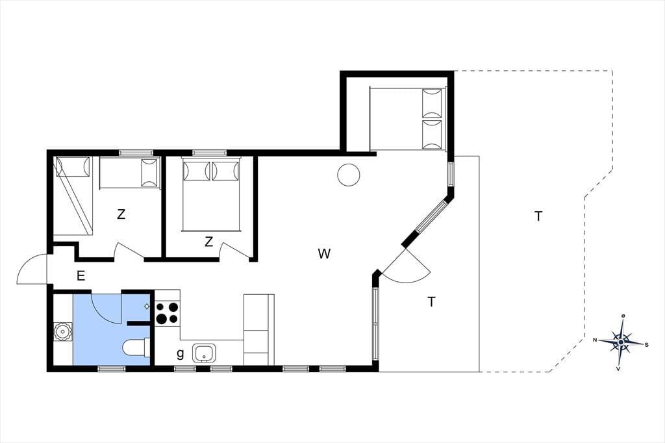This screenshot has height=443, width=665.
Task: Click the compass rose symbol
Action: pyautogui.click(x=621, y=342)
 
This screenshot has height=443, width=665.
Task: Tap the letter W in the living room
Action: pyautogui.click(x=324, y=254)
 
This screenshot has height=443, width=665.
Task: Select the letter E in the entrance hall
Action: pyautogui.click(x=81, y=276)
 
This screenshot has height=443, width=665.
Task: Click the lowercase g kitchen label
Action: pyautogui.click(x=181, y=353)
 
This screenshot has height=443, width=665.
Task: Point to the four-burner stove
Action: pyautogui.click(x=167, y=312)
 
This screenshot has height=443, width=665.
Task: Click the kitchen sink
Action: pyautogui.click(x=204, y=353)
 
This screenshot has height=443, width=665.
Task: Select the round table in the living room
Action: pyautogui.click(x=349, y=174)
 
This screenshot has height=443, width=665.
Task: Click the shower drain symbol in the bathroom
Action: pyautogui.click(x=63, y=332)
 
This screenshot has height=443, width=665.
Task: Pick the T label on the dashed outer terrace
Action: pyautogui.click(x=538, y=216)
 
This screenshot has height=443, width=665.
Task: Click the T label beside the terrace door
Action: pyautogui.click(x=431, y=302)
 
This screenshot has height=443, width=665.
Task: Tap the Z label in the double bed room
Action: pyautogui.click(x=208, y=242)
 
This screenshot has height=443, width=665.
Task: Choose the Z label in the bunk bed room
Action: pyautogui.click(x=121, y=214)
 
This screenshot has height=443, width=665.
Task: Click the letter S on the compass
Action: pyautogui.click(x=647, y=344)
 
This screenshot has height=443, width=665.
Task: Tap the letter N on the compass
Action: pyautogui.click(x=595, y=340)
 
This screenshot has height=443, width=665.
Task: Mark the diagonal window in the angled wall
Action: pyautogui.click(x=431, y=216)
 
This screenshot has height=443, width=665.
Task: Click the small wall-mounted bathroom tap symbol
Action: pyautogui.click(x=147, y=306)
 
